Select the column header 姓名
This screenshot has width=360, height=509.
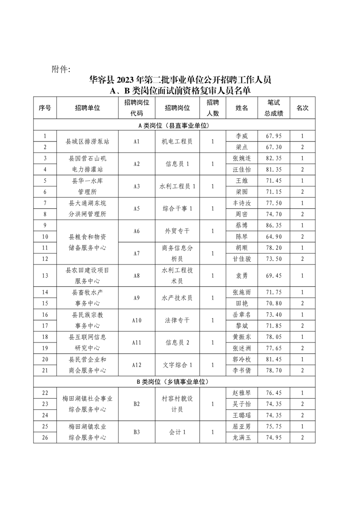tap(242, 108)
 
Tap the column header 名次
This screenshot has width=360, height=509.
tap(302, 108)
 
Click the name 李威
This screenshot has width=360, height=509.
tap(242, 136)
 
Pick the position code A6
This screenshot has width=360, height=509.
tap(136, 231)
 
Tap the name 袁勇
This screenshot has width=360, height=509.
tap(242, 275)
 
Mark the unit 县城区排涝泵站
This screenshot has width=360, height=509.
tap(86, 142)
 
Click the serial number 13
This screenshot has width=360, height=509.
tap(44, 275)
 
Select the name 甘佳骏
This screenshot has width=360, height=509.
tap(242, 259)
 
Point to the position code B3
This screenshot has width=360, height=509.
tap(136, 432)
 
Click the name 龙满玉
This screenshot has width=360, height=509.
tap(242, 437)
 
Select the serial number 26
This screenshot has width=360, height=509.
tap(44, 437)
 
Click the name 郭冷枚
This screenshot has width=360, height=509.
tap(242, 359)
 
